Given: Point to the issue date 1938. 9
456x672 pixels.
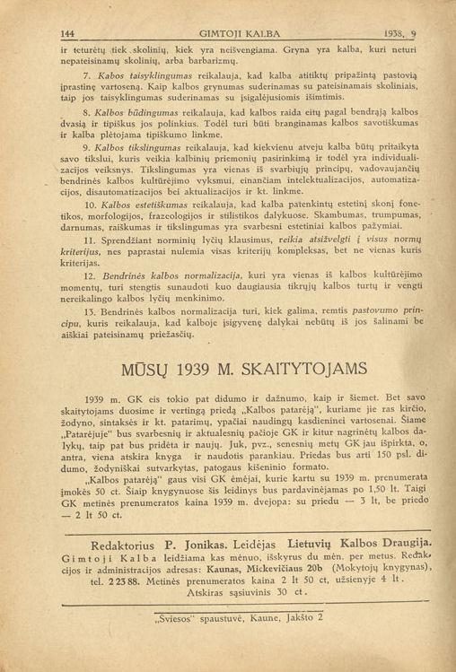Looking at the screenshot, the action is tap(401, 33).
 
